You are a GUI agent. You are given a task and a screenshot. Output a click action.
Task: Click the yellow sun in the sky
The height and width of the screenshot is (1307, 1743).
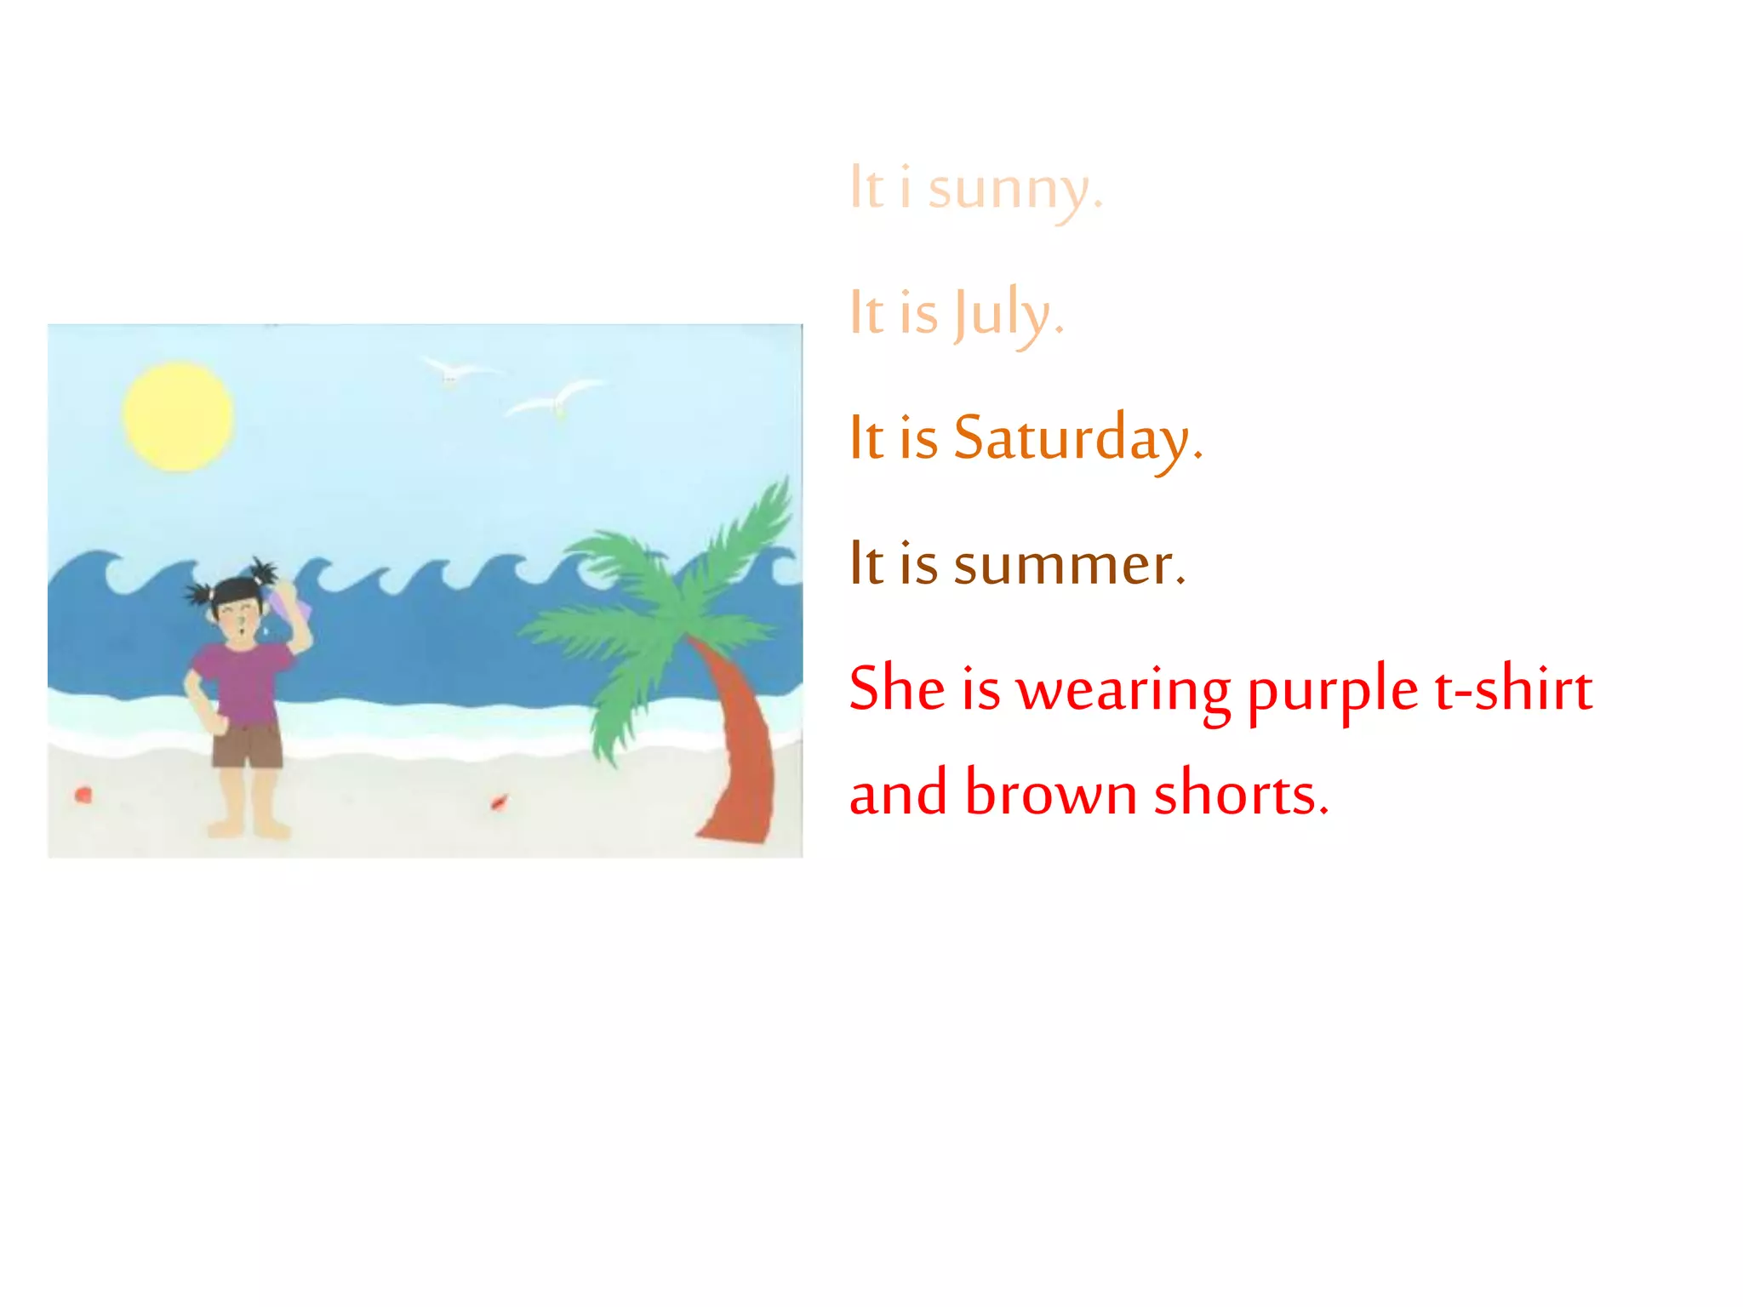click(x=178, y=417)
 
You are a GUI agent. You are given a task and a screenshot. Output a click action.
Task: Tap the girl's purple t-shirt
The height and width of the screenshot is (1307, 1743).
click(x=244, y=681)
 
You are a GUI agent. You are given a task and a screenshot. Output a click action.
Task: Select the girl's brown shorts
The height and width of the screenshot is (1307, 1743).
click(x=247, y=746)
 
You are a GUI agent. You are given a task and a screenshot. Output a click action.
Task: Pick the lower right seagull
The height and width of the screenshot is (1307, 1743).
click(x=557, y=399)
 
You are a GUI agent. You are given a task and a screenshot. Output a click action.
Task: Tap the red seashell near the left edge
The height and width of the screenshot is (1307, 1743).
click(x=83, y=796)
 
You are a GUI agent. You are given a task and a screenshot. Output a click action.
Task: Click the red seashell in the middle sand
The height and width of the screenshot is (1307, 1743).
click(x=499, y=802)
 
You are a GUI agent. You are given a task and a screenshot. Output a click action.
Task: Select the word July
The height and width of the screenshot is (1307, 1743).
click(x=1008, y=314)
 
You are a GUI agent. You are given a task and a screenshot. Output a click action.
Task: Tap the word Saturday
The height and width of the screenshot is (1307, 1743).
click(x=1077, y=439)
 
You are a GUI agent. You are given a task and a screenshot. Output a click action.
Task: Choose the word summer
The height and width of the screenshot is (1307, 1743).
click(x=1069, y=565)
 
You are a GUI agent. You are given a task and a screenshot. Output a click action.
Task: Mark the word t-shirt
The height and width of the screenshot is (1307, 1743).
click(x=1513, y=689)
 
